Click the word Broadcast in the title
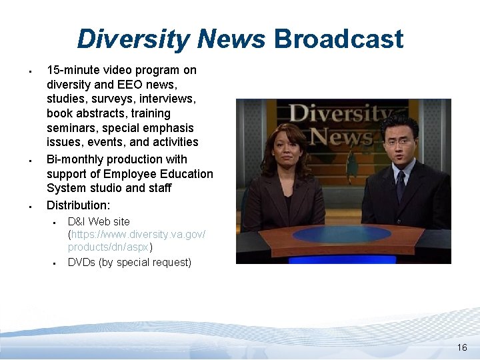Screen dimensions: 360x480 point(339,39)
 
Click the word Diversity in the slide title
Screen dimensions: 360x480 point(133,39)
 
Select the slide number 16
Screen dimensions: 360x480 point(462,348)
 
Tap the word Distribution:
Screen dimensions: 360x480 point(77,205)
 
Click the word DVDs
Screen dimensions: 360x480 point(81,262)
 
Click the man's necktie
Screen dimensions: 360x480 point(400,186)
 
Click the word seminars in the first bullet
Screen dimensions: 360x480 point(69,128)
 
